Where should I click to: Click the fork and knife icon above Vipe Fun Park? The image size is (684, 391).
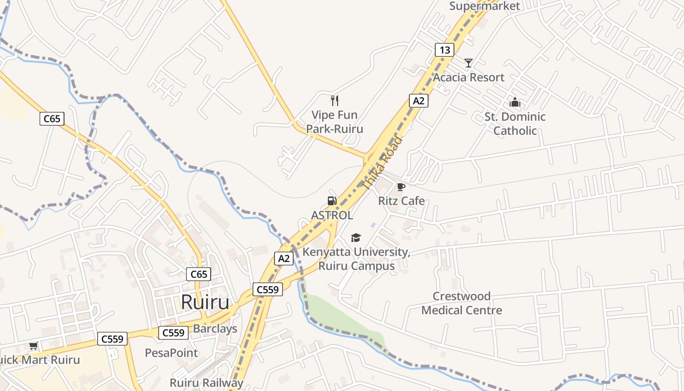point(335,101)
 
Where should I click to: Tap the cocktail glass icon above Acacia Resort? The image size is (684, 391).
point(469,63)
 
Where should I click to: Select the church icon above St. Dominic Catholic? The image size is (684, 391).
point(514,102)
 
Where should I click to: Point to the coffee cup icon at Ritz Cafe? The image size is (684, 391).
point(401,187)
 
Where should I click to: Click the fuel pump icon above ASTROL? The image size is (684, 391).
point(332,200)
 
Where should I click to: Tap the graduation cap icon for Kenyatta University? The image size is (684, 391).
point(356,238)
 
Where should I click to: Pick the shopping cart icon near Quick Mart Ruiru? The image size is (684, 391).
point(33,346)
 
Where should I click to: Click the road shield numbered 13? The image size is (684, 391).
point(444,50)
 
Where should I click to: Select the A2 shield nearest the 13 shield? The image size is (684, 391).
point(418,101)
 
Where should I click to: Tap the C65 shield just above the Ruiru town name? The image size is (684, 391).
point(199,274)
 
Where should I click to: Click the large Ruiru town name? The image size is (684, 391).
point(205,303)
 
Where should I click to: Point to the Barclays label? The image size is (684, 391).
point(215,328)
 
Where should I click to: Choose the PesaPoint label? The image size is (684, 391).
point(171,352)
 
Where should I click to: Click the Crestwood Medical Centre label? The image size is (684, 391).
point(462,303)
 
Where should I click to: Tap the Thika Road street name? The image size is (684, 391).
point(383,163)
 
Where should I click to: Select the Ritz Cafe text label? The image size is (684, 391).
point(401,201)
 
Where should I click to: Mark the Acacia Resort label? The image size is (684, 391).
point(469,77)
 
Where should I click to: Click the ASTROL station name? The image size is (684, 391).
point(332,215)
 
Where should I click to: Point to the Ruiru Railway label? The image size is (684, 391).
point(206,383)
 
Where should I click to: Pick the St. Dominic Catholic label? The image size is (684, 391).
point(515,124)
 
